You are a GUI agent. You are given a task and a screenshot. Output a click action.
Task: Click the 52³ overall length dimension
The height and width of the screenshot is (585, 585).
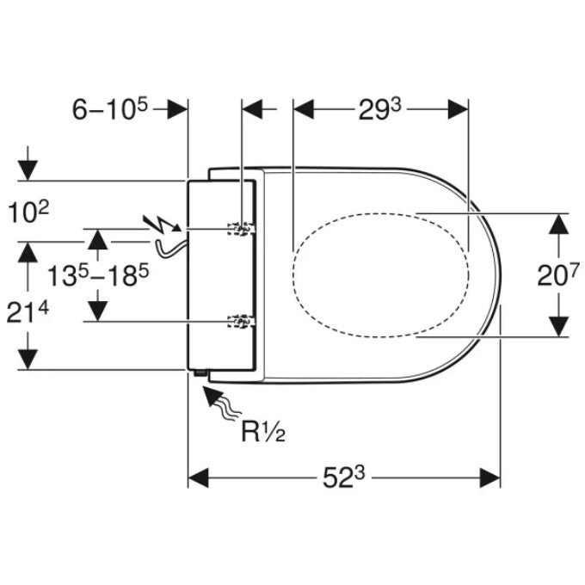click(x=343, y=477)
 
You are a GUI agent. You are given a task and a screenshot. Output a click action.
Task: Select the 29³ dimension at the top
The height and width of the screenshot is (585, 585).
click(x=379, y=110)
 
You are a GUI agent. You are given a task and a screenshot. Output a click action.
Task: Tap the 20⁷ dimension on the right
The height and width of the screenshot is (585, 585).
click(x=558, y=274)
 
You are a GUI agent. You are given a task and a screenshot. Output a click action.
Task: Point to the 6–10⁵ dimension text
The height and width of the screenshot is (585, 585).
click(x=110, y=108)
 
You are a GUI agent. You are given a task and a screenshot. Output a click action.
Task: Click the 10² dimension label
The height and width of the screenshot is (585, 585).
click(x=28, y=213)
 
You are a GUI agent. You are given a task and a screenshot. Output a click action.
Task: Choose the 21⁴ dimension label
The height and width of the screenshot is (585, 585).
click(x=28, y=312)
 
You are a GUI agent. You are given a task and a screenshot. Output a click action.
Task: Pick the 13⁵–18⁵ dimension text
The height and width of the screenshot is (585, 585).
click(x=98, y=275)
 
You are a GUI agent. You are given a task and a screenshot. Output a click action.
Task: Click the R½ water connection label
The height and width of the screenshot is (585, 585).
click(x=263, y=432)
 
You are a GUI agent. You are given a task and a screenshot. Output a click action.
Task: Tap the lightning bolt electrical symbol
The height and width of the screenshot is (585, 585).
click(x=163, y=225)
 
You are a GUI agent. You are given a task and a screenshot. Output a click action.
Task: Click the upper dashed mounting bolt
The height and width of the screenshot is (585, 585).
click(x=242, y=229)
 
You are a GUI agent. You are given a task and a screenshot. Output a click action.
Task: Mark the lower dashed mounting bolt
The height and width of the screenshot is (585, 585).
click(x=242, y=321)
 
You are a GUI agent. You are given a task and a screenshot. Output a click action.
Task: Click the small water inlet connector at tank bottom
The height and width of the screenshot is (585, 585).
click(x=200, y=373)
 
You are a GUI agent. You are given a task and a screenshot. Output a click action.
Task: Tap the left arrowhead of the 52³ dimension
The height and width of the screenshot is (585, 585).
click(x=198, y=477)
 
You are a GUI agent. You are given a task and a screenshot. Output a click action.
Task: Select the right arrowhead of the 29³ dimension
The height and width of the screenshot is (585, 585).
click(x=459, y=109)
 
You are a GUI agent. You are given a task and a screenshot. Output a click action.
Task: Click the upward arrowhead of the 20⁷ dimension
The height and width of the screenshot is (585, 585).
click(x=558, y=224)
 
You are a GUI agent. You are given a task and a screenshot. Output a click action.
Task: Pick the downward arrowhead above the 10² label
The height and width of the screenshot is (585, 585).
click(x=28, y=171)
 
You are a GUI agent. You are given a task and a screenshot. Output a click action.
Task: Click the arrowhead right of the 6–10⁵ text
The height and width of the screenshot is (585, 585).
click(x=177, y=109)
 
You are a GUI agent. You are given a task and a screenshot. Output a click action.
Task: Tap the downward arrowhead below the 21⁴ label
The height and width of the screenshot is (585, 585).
click(x=28, y=360)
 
